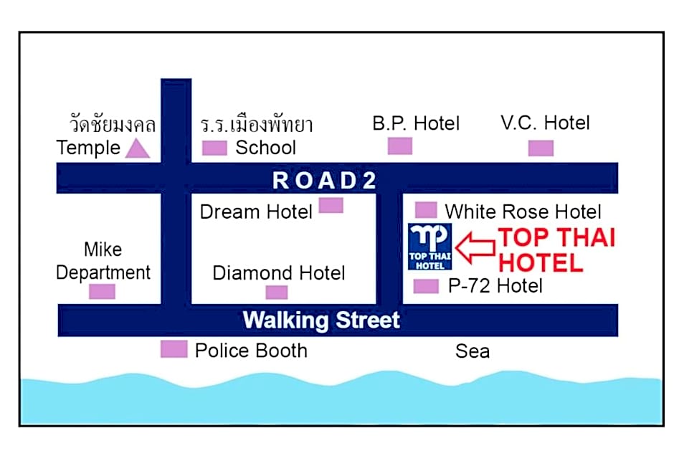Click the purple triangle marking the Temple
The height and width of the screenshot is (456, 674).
pos(138,148)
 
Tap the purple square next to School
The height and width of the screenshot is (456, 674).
pos(214,148)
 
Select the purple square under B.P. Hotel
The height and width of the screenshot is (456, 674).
pos(400,146)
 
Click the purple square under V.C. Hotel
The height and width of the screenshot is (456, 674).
pos(541,148)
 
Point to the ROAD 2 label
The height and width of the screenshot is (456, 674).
pos(324,180)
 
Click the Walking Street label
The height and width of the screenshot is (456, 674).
pos(321,320)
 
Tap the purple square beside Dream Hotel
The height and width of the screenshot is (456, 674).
pos(331,205)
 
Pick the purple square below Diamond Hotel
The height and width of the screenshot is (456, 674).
pos(277,292)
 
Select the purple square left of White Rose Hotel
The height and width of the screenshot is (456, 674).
pos(426,210)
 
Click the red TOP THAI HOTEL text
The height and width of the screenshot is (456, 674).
pos(556,250)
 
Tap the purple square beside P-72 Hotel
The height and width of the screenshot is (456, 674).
pos(426,286)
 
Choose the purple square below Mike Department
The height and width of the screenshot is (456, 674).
pos(102,292)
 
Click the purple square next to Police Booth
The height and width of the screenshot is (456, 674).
pos(174,349)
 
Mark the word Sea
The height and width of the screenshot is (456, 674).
pos(473,351)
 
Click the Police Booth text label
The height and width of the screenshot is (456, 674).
pos(251,351)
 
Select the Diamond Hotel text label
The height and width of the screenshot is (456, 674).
pos(279,273)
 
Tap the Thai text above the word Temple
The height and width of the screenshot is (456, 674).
pos(113,123)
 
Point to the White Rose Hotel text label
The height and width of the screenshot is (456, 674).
pos(523,212)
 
